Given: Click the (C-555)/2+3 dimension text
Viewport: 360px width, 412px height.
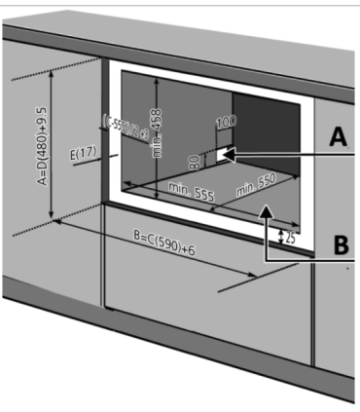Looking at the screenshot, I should click(x=113, y=131).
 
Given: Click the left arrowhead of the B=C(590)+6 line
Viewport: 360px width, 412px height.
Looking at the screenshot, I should click(x=59, y=223).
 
